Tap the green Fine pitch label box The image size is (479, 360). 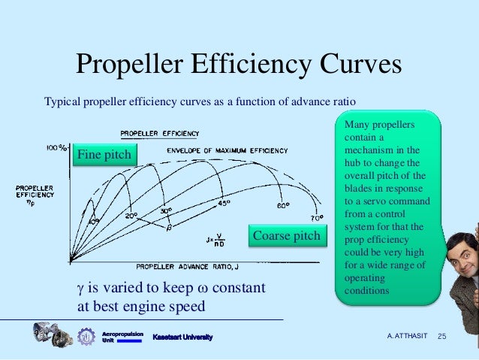point(104,155)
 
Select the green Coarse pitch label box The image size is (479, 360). point(286,236)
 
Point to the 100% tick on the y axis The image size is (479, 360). point(56,148)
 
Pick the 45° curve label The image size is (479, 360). point(224,203)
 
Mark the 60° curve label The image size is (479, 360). point(282,206)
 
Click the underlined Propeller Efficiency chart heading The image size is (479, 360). point(160,133)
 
